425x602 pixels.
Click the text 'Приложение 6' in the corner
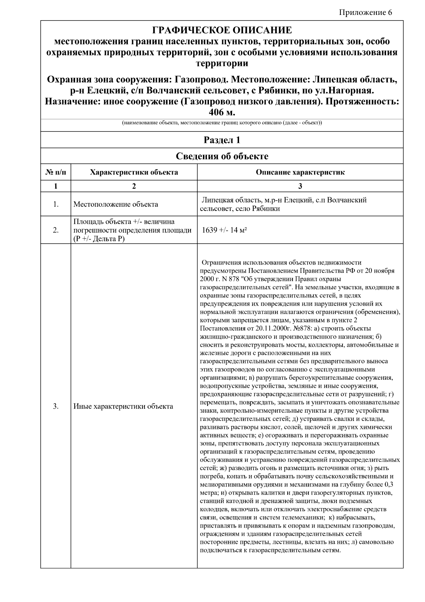tap(365, 13)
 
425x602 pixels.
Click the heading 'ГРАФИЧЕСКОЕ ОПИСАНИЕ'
tap(222, 30)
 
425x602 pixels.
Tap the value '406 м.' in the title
tap(222, 112)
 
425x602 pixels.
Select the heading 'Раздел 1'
tap(222, 140)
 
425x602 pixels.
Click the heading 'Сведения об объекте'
tap(222, 156)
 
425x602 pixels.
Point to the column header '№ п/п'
tap(56, 173)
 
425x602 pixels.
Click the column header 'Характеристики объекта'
tap(134, 173)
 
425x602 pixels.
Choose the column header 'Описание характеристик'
tap(300, 173)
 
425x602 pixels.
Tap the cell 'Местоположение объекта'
tap(116, 204)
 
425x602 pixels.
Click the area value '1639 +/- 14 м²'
tap(224, 230)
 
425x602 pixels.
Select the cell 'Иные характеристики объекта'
tap(123, 406)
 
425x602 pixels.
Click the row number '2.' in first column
tap(56, 230)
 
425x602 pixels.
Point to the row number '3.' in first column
tap(56, 406)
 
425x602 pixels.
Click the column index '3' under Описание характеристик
tap(300, 186)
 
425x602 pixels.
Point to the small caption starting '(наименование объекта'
tap(222, 123)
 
